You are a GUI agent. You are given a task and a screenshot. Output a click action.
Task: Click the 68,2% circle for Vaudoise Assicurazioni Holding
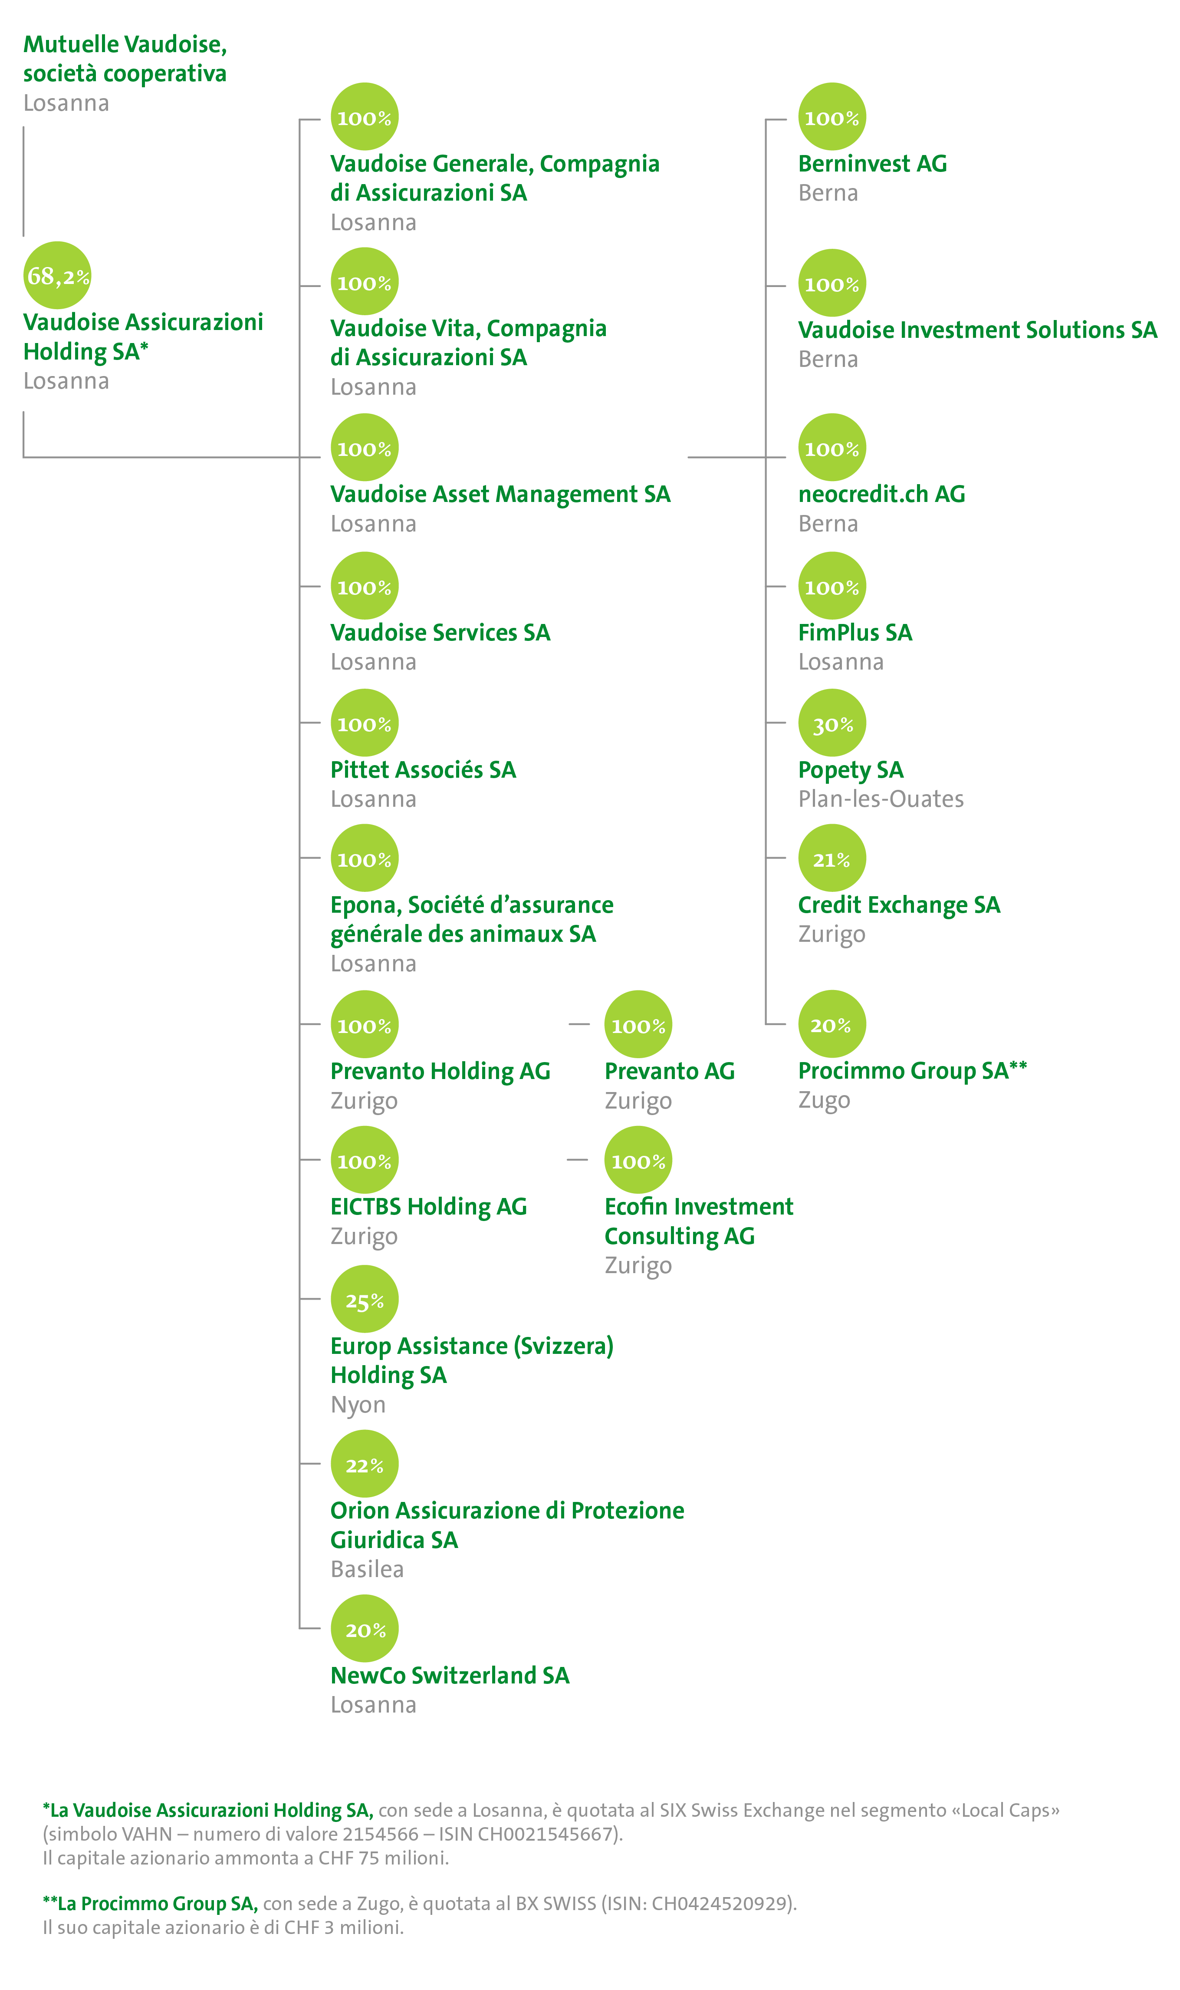point(57,275)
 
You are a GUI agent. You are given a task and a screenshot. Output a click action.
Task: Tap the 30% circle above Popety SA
point(832,723)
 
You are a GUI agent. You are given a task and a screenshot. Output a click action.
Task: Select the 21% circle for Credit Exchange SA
point(832,858)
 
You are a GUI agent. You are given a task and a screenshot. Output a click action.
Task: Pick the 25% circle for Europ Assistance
point(364,1299)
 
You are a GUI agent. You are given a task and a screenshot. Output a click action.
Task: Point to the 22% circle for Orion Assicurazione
point(364,1463)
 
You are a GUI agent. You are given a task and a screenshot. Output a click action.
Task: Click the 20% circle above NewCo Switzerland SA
point(364,1629)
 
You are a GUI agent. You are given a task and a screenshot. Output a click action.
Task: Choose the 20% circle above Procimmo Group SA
point(832,1024)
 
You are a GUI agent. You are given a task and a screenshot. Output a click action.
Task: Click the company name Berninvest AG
point(872,164)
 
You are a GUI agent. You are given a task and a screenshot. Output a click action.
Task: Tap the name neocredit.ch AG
point(881,494)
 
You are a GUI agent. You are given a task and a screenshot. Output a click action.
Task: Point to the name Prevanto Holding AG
point(440,1071)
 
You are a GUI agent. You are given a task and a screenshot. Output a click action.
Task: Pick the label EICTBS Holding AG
point(429,1207)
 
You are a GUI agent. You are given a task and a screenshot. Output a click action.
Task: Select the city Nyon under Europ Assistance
point(358,1405)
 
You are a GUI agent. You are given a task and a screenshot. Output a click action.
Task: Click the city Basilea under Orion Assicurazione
point(367,1569)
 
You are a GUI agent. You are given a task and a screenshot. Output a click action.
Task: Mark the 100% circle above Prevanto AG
point(638,1024)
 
